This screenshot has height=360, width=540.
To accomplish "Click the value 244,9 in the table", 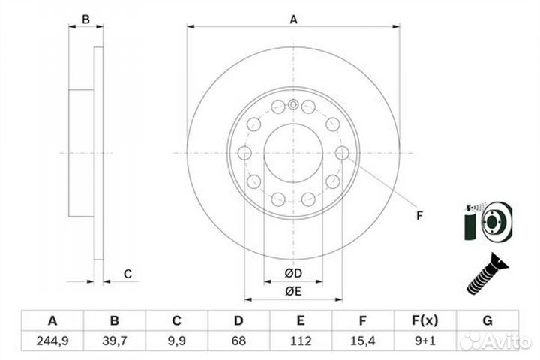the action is click(52, 340).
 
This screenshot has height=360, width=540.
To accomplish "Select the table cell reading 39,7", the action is click(114, 340).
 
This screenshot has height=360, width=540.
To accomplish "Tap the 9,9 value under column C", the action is click(176, 340).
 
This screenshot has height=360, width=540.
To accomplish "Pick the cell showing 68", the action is click(238, 340).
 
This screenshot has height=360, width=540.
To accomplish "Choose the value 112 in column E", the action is click(301, 340).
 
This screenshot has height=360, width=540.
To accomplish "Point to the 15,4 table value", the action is click(363, 340).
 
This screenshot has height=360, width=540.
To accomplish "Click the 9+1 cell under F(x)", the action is click(425, 340).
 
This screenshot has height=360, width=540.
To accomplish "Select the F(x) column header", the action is click(425, 321).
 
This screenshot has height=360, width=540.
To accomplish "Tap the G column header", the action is click(487, 321).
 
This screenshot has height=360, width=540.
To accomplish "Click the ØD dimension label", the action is click(293, 273).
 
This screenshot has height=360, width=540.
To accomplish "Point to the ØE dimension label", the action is click(293, 292).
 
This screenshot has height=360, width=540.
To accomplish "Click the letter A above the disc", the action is click(293, 19).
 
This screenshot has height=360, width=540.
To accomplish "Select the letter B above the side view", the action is click(85, 19).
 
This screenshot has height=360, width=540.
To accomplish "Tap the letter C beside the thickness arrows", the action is click(127, 274).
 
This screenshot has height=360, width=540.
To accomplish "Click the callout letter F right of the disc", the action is click(419, 216).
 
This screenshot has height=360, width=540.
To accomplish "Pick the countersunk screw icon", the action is click(487, 274).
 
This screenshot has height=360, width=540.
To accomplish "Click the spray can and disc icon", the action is click(488, 221).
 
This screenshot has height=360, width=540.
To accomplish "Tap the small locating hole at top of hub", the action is click(293, 104).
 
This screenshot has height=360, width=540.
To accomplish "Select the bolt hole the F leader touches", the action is click(342, 153).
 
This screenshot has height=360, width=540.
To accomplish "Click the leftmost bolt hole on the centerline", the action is click(244, 153).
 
